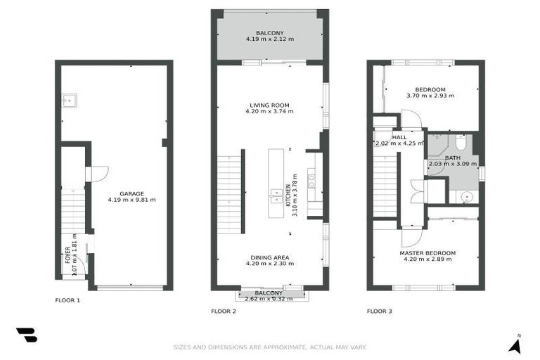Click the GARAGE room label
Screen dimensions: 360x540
(x=131, y=193)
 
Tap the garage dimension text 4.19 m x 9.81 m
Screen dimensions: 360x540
(x=131, y=200)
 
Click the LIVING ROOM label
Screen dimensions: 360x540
(x=269, y=105)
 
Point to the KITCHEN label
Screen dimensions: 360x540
(x=288, y=195)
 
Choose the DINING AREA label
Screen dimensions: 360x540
(x=269, y=257)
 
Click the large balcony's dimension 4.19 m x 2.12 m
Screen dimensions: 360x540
(x=269, y=39)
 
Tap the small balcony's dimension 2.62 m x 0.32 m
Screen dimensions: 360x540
(x=273, y=299)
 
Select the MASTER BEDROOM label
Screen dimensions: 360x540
(x=427, y=253)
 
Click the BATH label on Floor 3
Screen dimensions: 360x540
(x=452, y=158)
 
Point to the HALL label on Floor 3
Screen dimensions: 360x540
(x=399, y=137)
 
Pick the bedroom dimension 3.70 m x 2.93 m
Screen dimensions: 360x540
(x=430, y=96)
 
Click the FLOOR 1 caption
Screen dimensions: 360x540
(x=67, y=300)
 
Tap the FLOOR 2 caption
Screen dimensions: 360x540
(x=224, y=310)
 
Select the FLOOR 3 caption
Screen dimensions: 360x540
(x=380, y=310)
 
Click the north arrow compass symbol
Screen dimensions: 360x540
(x=515, y=344)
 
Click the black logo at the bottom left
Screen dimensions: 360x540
(x=26, y=335)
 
